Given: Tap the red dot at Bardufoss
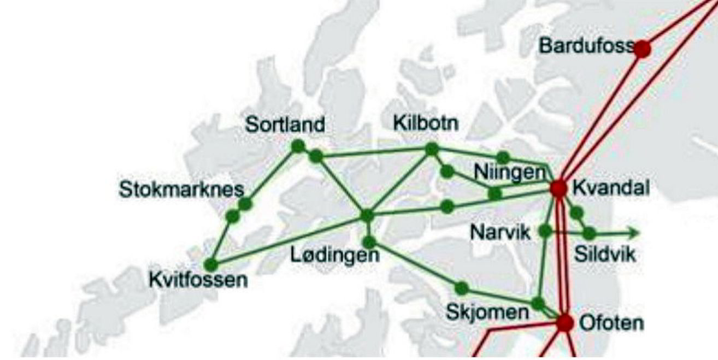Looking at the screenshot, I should click(642, 49).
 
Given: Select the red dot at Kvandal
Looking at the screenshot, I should click(558, 188).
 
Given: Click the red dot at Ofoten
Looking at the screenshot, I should click(565, 323).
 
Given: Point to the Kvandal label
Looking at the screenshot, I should click(610, 188).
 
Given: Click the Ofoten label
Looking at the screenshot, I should click(610, 323).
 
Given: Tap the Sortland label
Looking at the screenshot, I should click(285, 125).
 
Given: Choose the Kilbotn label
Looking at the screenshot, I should click(426, 123).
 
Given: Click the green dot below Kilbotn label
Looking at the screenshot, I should click(432, 149).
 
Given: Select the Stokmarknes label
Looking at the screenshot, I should click(181, 191).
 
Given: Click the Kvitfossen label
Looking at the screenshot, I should click(198, 281).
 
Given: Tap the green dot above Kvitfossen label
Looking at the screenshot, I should click(211, 265).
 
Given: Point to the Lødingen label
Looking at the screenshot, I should click(334, 255).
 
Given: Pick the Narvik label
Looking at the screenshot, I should click(501, 233).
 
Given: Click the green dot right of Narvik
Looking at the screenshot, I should click(545, 231).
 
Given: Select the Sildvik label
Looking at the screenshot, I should click(605, 254).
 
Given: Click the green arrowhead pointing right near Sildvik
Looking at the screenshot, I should click(634, 233).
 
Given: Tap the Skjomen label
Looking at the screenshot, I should click(487, 312).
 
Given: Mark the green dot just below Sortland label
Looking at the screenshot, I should click(298, 146).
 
